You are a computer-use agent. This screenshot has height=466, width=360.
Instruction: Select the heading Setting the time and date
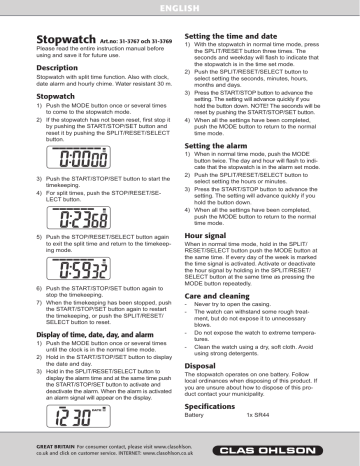click(x=235, y=33)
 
